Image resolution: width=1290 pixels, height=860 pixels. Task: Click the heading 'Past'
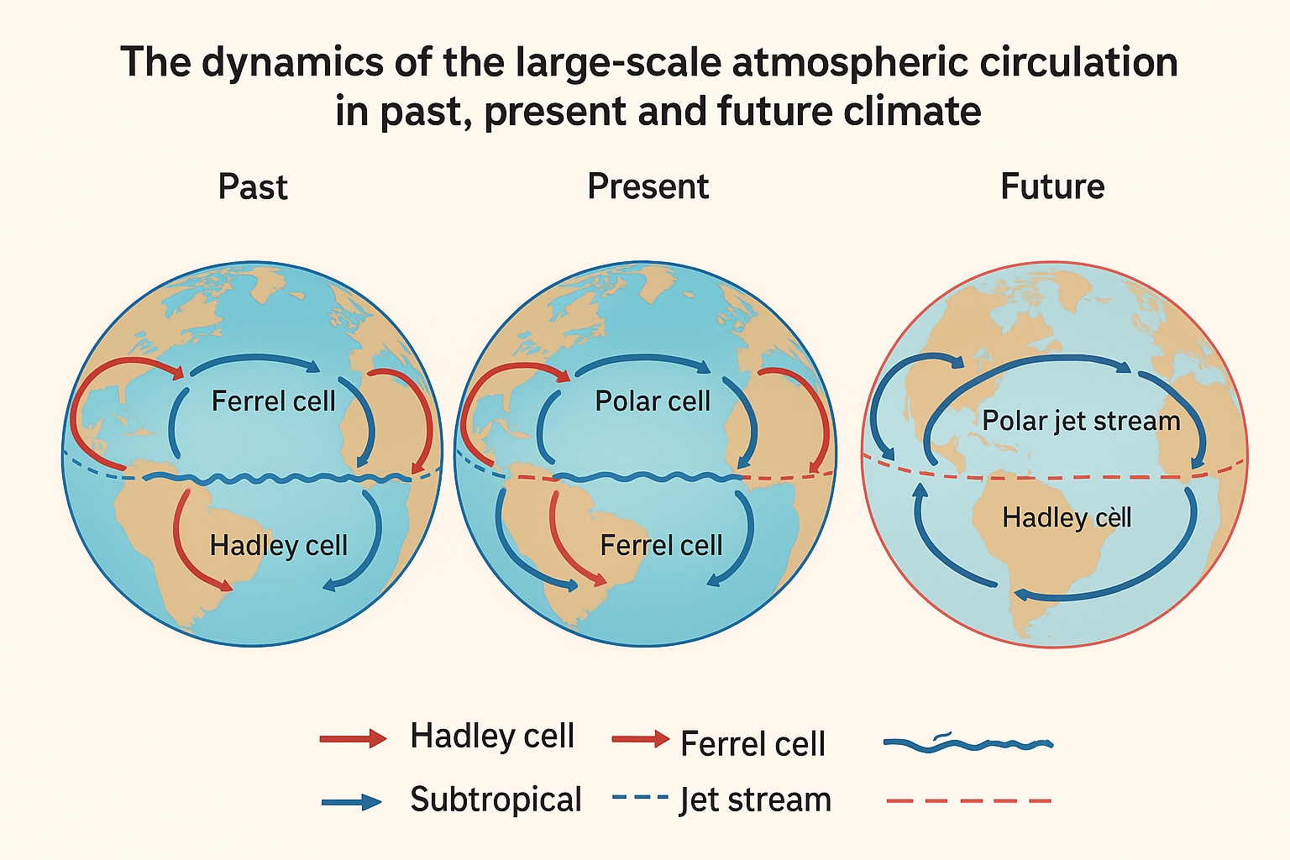[253, 186]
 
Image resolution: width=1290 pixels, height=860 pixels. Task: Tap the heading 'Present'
[648, 186]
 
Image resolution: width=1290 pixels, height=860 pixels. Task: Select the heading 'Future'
[1052, 186]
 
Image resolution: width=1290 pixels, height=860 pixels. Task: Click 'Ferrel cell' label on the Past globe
[274, 401]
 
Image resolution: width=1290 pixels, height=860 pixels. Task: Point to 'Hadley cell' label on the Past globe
[279, 545]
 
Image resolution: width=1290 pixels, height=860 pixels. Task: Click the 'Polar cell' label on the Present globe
[653, 401]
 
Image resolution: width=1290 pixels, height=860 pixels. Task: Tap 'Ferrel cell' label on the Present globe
[661, 545]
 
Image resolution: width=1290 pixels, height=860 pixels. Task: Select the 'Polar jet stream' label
[1081, 421]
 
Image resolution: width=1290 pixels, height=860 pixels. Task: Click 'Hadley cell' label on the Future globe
[1067, 517]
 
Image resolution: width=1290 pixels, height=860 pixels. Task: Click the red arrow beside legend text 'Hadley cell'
[353, 738]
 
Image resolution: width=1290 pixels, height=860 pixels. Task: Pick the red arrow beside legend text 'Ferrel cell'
[641, 738]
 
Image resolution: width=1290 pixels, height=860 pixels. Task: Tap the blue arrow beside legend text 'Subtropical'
[351, 802]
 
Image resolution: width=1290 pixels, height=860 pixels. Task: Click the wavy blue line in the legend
[968, 743]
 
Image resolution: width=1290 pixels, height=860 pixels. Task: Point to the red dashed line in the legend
[969, 800]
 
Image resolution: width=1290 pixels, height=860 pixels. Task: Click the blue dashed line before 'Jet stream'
[640, 797]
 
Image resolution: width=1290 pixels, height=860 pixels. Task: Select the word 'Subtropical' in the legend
[496, 800]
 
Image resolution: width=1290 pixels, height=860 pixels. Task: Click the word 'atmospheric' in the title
[850, 62]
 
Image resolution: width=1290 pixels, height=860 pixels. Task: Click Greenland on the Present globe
[653, 281]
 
